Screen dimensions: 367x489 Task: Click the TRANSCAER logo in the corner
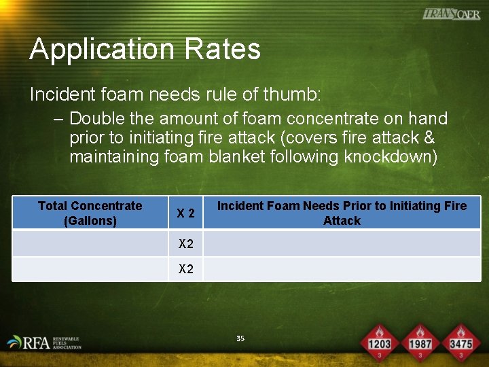[451, 14]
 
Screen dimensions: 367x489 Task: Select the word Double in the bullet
[97, 119]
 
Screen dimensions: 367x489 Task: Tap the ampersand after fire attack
[429, 138]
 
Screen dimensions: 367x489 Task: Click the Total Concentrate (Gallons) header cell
[90, 213]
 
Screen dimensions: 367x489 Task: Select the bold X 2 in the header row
[186, 213]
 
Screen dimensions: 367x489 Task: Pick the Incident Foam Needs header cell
[342, 213]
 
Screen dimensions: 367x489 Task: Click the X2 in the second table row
[186, 243]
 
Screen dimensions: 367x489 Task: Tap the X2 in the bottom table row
[186, 269]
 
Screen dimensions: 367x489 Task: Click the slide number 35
[240, 338]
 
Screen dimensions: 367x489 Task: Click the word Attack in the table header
[342, 221]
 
